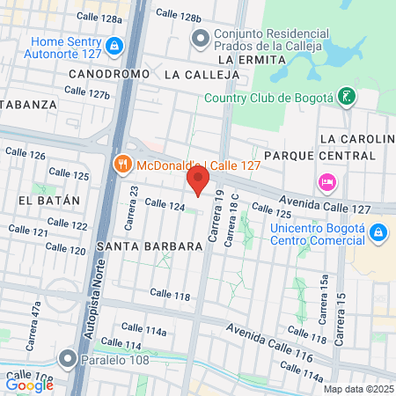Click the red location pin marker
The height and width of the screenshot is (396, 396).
[198, 181]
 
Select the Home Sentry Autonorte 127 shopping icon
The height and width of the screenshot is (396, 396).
[114, 45]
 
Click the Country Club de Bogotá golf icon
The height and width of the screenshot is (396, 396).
[348, 95]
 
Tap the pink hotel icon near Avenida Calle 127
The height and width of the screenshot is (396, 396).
[326, 182]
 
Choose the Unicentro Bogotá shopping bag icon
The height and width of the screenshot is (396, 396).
[378, 232]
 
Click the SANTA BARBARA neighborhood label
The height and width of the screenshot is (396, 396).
[150, 246]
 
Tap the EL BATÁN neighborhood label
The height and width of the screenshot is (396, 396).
[48, 200]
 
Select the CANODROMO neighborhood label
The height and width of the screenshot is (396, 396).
[108, 75]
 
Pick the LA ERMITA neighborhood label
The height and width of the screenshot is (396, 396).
[252, 59]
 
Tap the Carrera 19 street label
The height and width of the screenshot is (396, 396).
[213, 225]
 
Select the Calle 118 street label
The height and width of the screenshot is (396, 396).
[170, 296]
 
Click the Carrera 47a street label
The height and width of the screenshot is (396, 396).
[37, 315]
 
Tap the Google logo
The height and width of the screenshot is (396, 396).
[30, 384]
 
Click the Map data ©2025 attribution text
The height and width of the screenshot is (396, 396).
[356, 388]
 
